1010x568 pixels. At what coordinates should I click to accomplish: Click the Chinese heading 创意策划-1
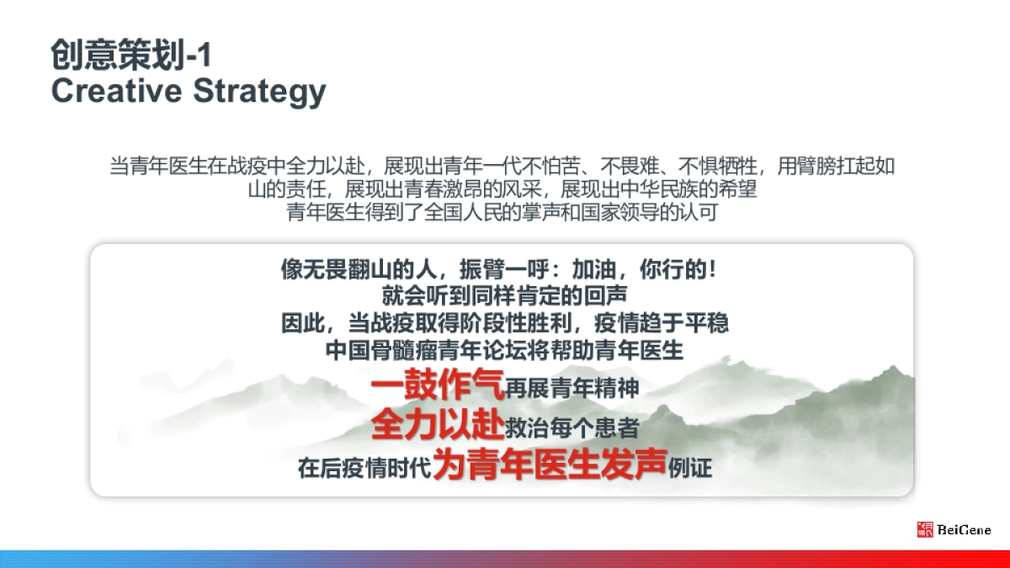click(131, 55)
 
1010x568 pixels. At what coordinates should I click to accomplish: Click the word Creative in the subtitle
click(114, 91)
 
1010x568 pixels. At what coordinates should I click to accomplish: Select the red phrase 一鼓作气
click(437, 387)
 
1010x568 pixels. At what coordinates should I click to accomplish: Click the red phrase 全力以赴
click(437, 426)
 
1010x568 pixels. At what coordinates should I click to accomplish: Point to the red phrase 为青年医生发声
click(550, 464)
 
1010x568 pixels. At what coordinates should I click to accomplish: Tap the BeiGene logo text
click(965, 530)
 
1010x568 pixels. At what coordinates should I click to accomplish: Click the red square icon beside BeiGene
click(925, 529)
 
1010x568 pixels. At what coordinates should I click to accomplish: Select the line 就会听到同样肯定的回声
click(505, 297)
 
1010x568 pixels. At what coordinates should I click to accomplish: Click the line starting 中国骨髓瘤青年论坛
click(505, 350)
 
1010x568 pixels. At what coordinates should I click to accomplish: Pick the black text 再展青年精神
click(572, 389)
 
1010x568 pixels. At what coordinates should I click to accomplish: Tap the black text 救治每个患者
click(572, 428)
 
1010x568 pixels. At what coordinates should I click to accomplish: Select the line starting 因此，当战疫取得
click(505, 323)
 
